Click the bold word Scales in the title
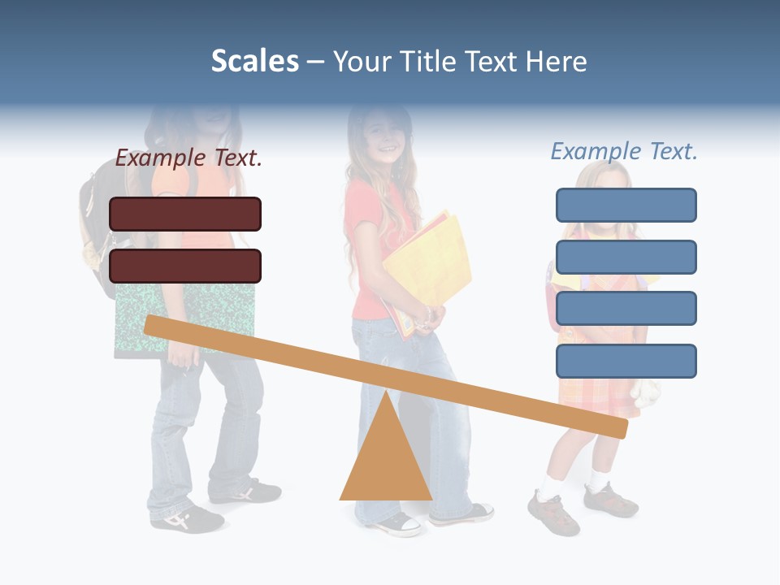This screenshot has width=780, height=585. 254,61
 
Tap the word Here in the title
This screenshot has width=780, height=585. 556,61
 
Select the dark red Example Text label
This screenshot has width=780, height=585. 188,158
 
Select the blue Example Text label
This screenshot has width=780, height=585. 624,151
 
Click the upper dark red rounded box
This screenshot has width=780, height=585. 185,214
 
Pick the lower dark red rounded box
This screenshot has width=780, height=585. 185,266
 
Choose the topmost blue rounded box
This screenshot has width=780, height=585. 626,205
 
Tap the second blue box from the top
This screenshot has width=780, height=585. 626,257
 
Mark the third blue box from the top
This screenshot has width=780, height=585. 626,309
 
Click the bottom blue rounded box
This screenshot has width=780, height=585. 626,361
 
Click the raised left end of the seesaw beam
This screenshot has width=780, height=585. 154,325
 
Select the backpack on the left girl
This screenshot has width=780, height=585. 99,227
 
